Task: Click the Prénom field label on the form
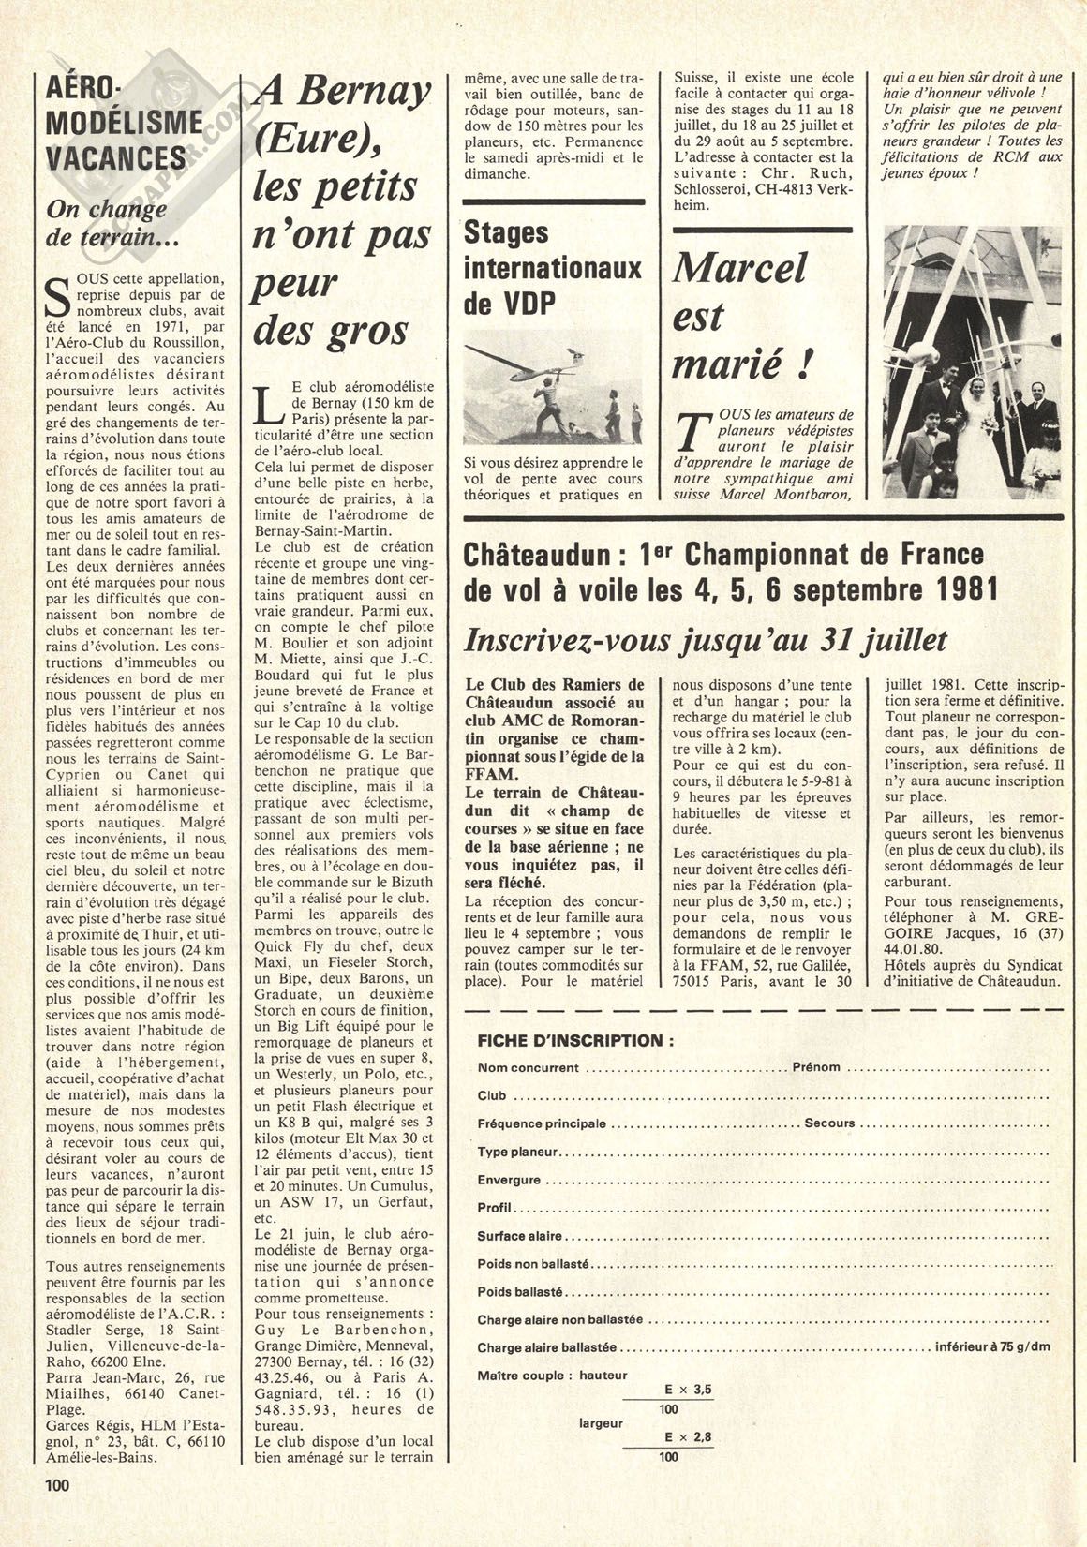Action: pos(815,1066)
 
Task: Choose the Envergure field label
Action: pos(509,1180)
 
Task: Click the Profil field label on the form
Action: pos(494,1208)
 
